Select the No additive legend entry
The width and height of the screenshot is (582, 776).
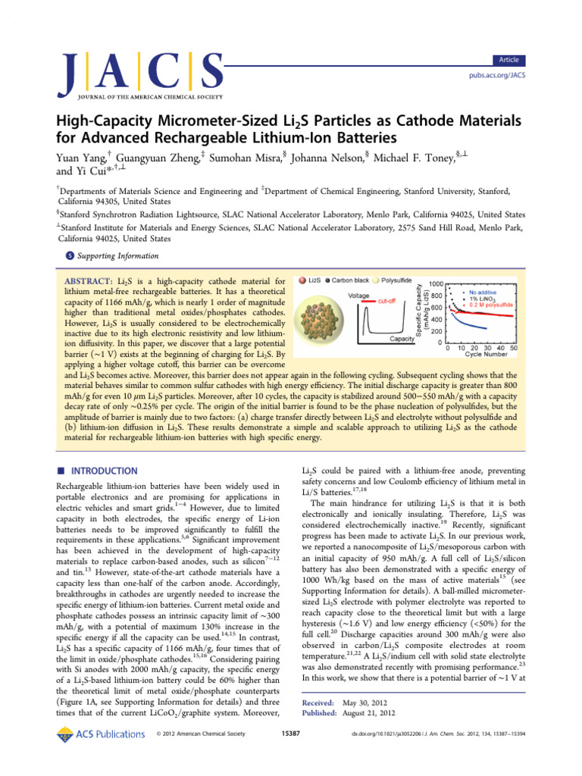486,291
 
